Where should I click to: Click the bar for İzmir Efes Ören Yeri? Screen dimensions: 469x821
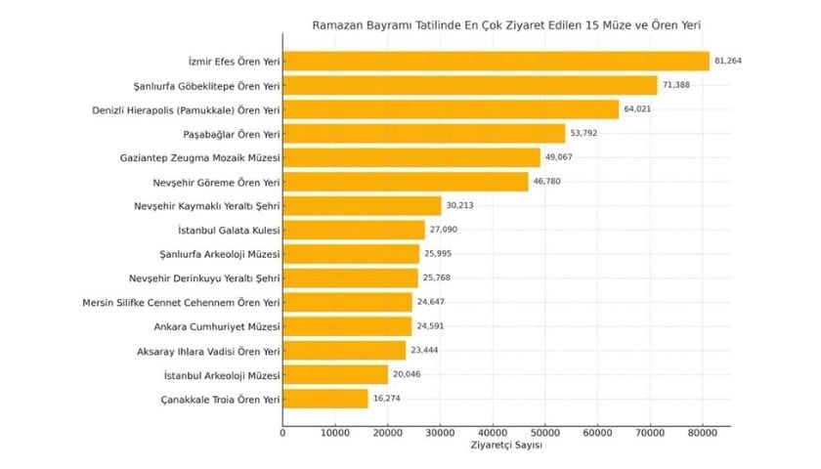click(x=496, y=62)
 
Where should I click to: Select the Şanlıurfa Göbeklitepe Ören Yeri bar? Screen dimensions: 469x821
click(x=470, y=86)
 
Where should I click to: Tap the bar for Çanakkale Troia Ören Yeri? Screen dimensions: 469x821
click(x=325, y=399)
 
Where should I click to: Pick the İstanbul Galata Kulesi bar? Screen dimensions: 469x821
click(x=354, y=231)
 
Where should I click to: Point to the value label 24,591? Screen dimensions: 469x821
click(x=431, y=326)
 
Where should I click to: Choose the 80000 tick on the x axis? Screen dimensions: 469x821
click(x=702, y=432)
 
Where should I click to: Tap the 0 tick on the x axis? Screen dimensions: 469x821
click(x=283, y=432)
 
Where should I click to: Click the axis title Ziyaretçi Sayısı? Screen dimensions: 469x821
click(x=506, y=446)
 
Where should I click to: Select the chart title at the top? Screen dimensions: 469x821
click(x=506, y=23)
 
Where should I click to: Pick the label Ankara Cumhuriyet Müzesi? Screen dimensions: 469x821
click(x=217, y=326)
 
